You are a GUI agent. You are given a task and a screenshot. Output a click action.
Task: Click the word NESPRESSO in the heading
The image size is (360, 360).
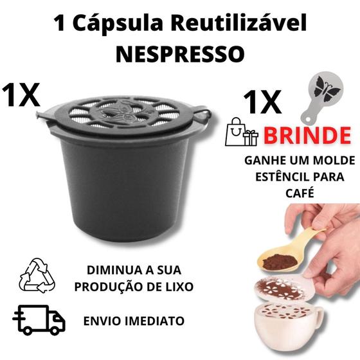click(179, 53)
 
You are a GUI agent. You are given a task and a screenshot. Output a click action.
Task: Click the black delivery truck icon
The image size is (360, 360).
click(39, 320)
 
